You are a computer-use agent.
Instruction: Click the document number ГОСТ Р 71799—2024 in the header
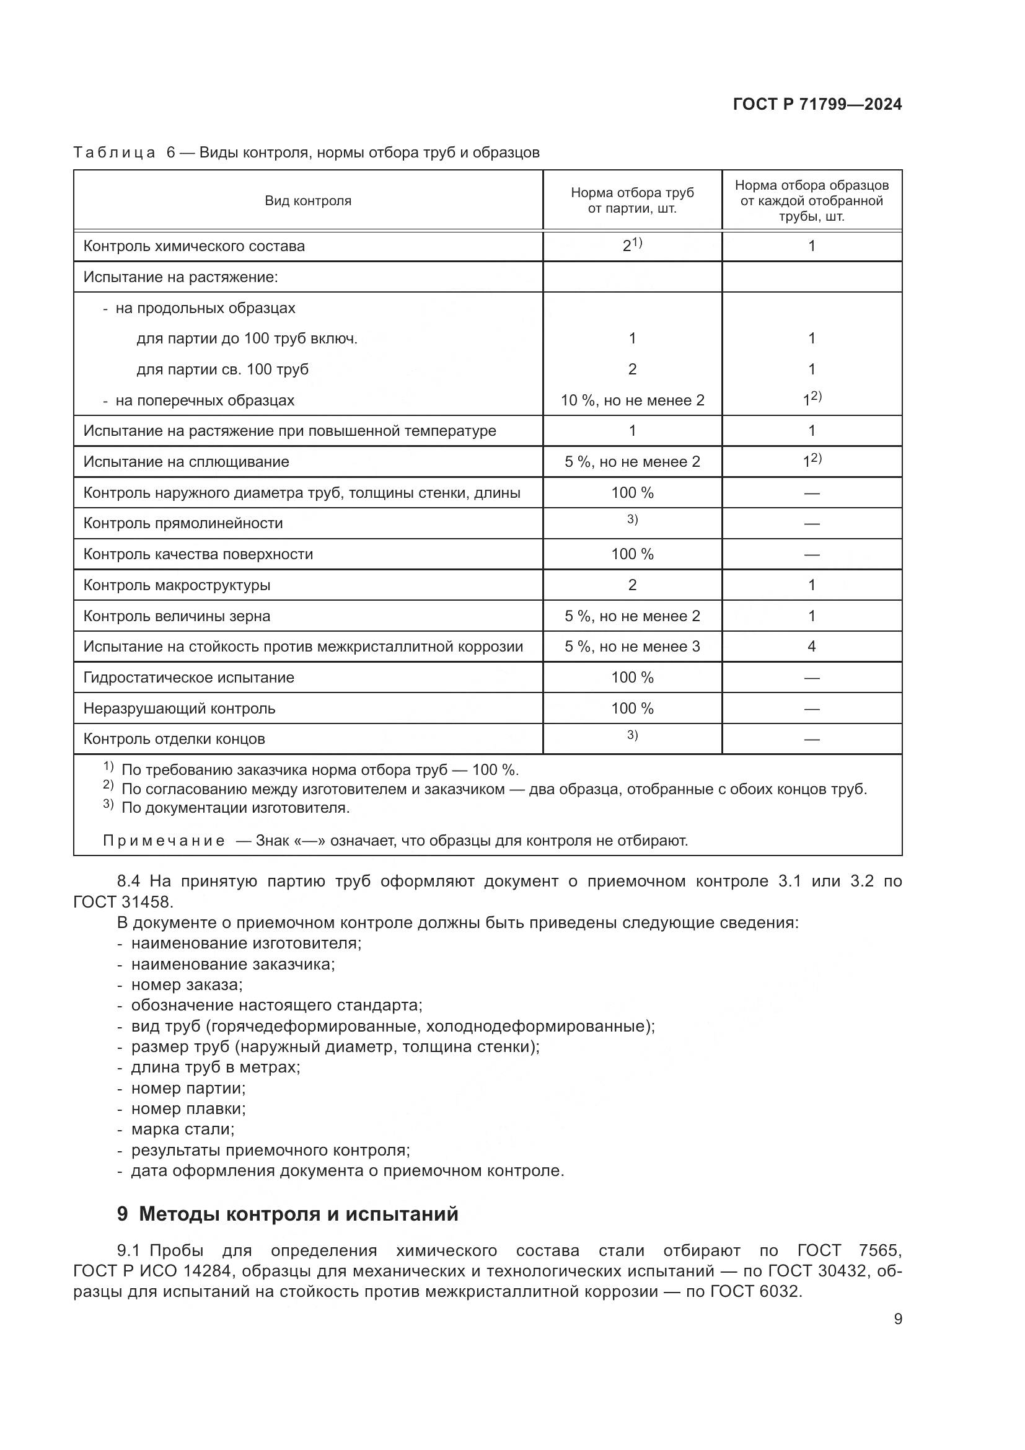(x=817, y=105)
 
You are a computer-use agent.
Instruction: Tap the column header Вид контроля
(x=308, y=201)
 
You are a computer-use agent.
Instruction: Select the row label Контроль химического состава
(x=194, y=246)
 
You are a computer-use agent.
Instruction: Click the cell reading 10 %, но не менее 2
(x=633, y=400)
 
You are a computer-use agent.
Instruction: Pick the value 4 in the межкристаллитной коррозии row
(x=811, y=646)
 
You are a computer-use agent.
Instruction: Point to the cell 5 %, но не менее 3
(x=633, y=647)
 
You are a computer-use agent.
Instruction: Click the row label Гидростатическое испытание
(x=189, y=678)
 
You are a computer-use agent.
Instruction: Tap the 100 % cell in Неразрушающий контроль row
(x=633, y=709)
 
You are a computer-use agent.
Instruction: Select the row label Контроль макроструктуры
(x=177, y=585)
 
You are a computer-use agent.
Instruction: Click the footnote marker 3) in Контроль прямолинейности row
(x=633, y=519)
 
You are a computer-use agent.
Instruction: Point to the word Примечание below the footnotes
(x=164, y=841)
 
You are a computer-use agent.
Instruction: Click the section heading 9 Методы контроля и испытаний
(x=288, y=1214)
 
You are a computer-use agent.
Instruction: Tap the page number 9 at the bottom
(x=897, y=1319)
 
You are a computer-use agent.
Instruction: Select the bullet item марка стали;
(x=182, y=1128)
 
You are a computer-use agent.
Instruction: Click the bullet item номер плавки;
(x=188, y=1108)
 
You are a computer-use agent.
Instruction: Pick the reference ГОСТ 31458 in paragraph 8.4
(x=123, y=902)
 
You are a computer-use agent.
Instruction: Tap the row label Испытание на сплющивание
(x=186, y=462)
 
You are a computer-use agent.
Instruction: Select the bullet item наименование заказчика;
(x=233, y=965)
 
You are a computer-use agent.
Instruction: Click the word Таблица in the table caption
(x=114, y=153)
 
